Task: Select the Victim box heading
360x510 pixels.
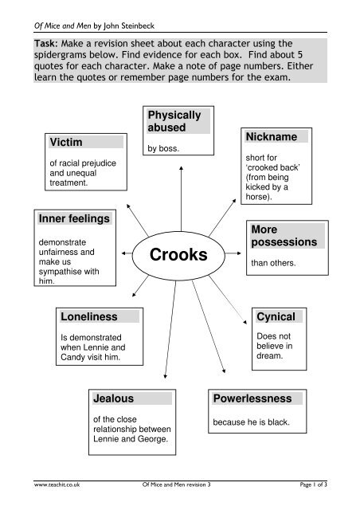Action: coord(66,142)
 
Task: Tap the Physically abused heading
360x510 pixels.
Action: coord(174,121)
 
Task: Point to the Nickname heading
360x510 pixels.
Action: coord(272,136)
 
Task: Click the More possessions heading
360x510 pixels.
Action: coord(284,236)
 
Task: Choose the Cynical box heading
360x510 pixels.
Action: coord(276,316)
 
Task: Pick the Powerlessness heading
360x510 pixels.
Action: coord(252,398)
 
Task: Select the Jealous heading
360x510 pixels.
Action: coord(114,398)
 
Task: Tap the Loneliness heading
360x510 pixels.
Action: coord(89,316)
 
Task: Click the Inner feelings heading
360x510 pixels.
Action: coord(74,218)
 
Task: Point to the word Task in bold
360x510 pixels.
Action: coord(46,44)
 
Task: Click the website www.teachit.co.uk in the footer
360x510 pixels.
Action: coord(57,484)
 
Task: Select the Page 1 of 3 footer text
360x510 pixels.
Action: coord(314,484)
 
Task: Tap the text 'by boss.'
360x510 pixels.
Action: coord(163,148)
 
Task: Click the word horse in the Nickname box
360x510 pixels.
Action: coord(257,197)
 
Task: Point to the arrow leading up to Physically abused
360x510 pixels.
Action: coord(181,198)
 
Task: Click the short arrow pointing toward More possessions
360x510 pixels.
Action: coord(233,253)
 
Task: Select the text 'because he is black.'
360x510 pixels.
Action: coord(251,422)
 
